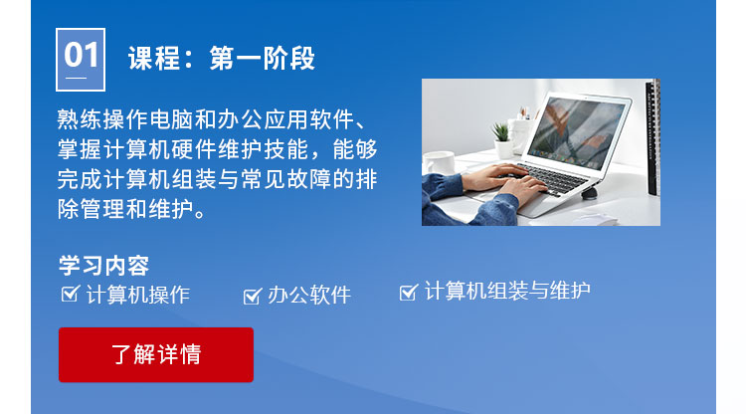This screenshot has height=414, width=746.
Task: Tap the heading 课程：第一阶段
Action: pos(221,59)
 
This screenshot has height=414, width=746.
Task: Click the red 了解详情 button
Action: pos(155,354)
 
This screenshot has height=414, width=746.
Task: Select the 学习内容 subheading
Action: pos(103,267)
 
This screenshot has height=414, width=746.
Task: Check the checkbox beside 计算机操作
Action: pos(70,294)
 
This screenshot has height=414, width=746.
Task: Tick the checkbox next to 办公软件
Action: pos(252,296)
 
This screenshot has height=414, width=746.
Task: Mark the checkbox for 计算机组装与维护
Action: pos(408,292)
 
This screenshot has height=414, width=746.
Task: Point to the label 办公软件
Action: pos(309,296)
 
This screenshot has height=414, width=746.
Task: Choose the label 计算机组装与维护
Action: pos(507,292)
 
